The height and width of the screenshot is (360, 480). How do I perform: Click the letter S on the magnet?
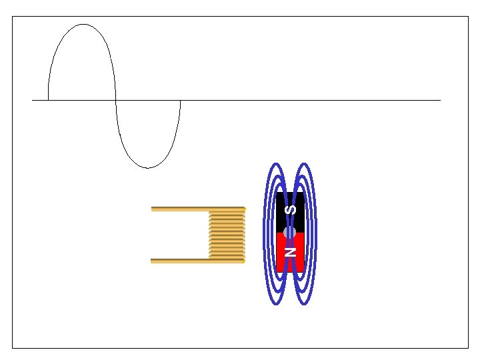tap(290, 210)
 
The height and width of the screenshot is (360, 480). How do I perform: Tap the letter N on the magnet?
tap(290, 251)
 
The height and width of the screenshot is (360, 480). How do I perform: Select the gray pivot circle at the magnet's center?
tap(289, 233)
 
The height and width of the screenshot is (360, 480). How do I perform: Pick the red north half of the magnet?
tap(290, 252)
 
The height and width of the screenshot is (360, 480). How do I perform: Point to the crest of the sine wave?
tap(83, 24)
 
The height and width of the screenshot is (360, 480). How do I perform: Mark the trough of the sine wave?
tap(148, 168)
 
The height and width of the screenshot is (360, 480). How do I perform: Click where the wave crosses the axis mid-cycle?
tap(116, 100)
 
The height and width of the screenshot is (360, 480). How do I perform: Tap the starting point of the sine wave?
tap(49, 100)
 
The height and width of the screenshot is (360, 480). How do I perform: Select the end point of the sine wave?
tap(180, 100)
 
